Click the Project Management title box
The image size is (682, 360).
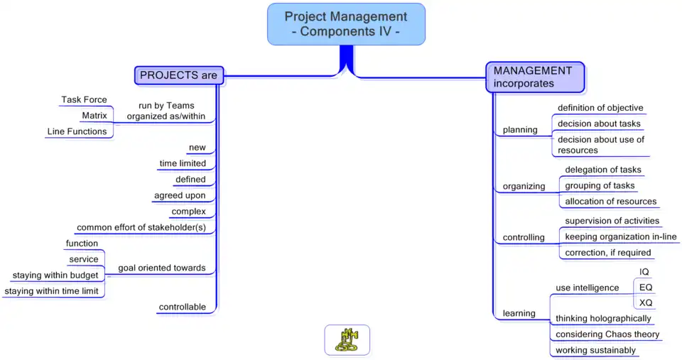(346, 24)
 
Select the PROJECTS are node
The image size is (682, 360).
(179, 75)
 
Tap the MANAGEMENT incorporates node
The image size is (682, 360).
(534, 77)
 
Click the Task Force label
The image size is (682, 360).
(84, 100)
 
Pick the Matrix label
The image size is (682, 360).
(94, 116)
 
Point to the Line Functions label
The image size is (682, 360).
(77, 131)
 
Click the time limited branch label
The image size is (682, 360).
(183, 163)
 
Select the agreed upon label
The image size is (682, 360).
(180, 195)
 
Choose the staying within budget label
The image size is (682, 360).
(55, 276)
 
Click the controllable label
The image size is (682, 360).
(182, 307)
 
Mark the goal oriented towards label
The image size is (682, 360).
(161, 268)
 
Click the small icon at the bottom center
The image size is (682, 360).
(347, 339)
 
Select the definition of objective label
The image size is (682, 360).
(600, 108)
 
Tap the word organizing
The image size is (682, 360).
(524, 187)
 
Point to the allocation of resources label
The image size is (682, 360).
(610, 202)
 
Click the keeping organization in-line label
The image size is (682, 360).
(620, 236)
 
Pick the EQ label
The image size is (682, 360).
(646, 288)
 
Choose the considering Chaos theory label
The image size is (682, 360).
(607, 334)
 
